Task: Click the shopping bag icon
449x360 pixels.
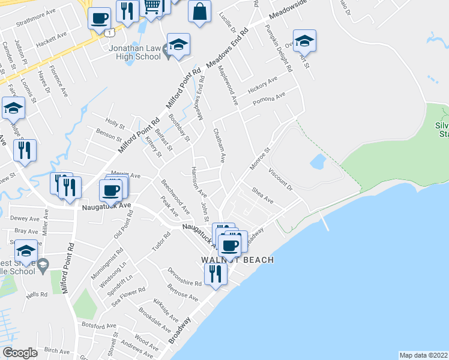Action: [x=199, y=11]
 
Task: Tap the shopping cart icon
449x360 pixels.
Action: [x=152, y=8]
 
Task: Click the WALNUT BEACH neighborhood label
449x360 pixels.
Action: [x=237, y=260]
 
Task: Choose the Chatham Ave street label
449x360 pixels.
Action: [x=219, y=146]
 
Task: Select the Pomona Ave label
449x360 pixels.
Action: [x=268, y=97]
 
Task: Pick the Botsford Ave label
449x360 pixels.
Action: [x=97, y=325]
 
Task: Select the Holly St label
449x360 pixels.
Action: [x=115, y=127]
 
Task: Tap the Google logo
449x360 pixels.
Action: [x=20, y=353]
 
